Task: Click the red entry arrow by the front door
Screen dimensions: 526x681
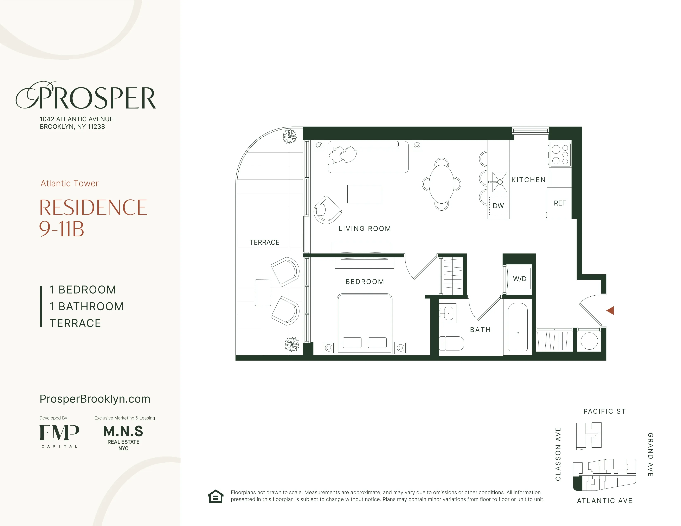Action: (611, 310)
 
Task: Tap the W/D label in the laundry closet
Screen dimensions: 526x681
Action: (520, 279)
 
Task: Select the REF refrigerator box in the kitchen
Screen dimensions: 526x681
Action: (559, 203)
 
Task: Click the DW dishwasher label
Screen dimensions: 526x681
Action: (498, 206)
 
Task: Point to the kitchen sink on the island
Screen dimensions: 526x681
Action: (500, 182)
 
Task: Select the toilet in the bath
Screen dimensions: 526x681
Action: (451, 343)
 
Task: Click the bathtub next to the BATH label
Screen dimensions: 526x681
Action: (518, 327)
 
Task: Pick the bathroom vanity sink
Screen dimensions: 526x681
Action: (448, 313)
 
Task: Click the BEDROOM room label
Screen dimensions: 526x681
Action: (365, 282)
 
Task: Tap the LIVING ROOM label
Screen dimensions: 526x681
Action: (365, 228)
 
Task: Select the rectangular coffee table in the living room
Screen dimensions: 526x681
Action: (365, 194)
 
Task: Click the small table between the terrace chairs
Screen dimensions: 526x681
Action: (263, 293)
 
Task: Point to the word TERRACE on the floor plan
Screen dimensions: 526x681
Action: (264, 242)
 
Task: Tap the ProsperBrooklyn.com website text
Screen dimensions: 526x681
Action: (95, 399)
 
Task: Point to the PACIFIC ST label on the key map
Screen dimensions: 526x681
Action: (604, 411)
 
